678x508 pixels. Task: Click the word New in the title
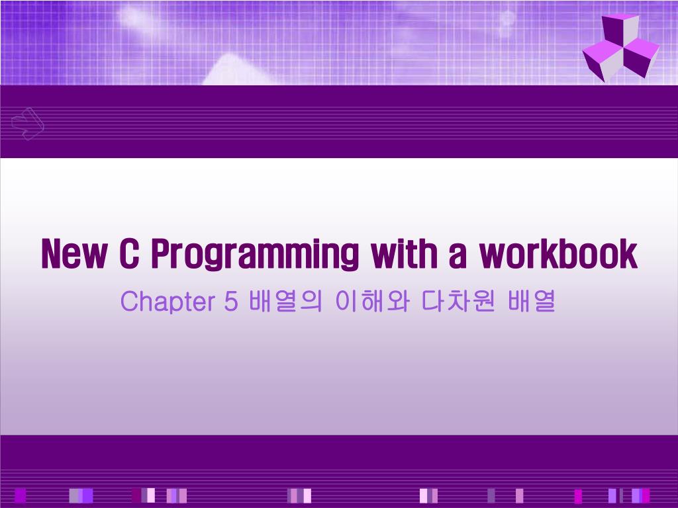pos(73,254)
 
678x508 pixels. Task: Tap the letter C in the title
pos(128,254)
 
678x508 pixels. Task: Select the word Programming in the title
pos(255,255)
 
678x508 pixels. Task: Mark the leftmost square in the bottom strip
pos(20,495)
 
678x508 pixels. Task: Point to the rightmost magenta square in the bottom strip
pos(646,495)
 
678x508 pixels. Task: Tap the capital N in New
pos(52,254)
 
